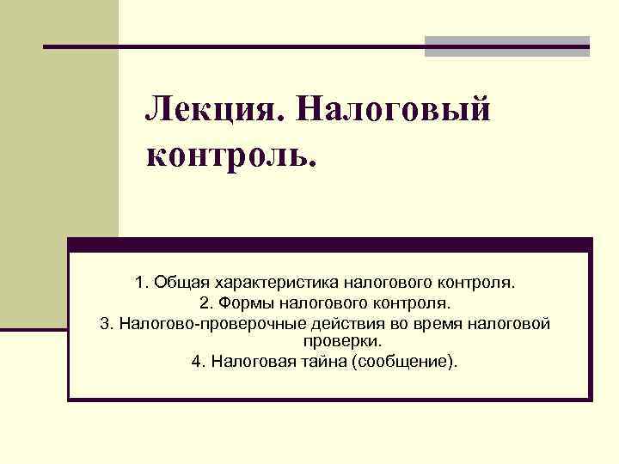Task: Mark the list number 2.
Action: (x=205, y=303)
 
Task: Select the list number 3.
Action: (x=106, y=324)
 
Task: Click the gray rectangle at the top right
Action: (x=507, y=46)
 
